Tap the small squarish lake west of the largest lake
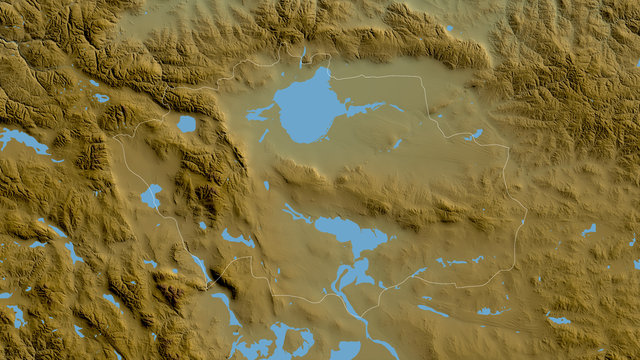pos(187,124)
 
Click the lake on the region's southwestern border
pos(151,196)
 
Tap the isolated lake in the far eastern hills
pos(589,230)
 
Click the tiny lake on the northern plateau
pos(449,27)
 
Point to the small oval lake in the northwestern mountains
pos(101,98)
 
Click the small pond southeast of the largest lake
pos(397,143)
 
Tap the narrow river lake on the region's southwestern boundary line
pos(201,268)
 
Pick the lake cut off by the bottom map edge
pos(345,350)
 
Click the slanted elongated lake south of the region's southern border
pos(433,311)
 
